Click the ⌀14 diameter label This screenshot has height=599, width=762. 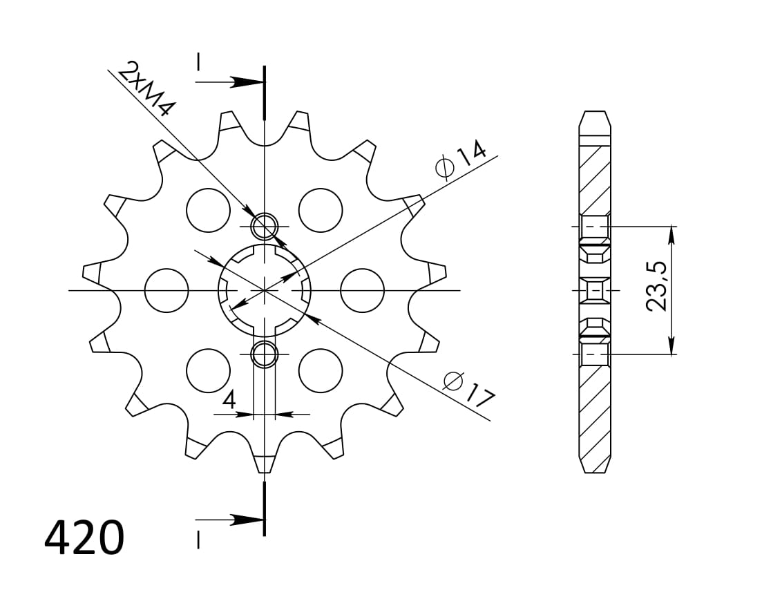click(x=461, y=159)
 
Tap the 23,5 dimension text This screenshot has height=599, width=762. click(x=657, y=285)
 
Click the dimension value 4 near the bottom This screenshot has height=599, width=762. click(x=229, y=399)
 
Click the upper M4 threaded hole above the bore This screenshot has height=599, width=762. click(x=265, y=225)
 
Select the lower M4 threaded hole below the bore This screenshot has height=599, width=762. click(x=265, y=355)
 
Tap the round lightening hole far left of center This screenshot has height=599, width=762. click(x=166, y=290)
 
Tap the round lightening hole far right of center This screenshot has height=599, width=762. click(x=362, y=290)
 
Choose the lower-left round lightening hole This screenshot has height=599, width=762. click(x=208, y=371)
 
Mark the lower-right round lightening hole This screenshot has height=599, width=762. click(x=321, y=371)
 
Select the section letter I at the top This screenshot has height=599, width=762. click(x=198, y=63)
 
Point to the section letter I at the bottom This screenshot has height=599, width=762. click(x=198, y=540)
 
